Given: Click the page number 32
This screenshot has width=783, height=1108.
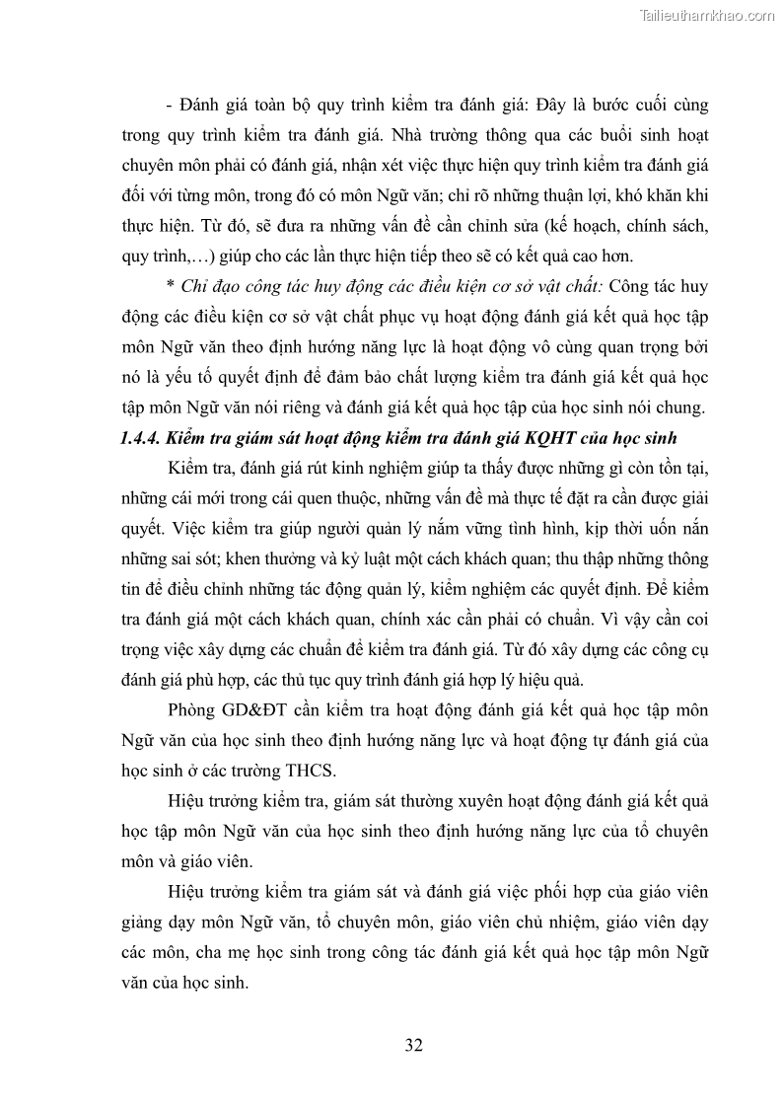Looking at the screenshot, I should pyautogui.click(x=414, y=1046).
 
